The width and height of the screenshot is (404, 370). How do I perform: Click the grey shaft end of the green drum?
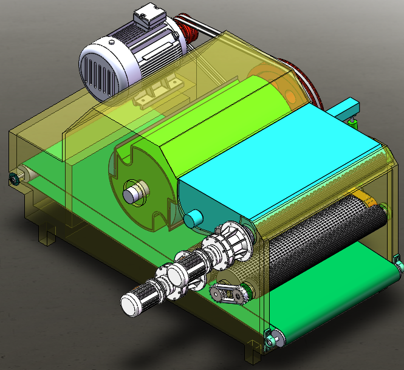click(135, 194)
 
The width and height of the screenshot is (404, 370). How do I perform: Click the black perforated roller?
click(322, 237)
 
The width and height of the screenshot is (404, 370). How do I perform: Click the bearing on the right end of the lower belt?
click(398, 267)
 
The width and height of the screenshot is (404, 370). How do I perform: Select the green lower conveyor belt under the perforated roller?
click(340, 292)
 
